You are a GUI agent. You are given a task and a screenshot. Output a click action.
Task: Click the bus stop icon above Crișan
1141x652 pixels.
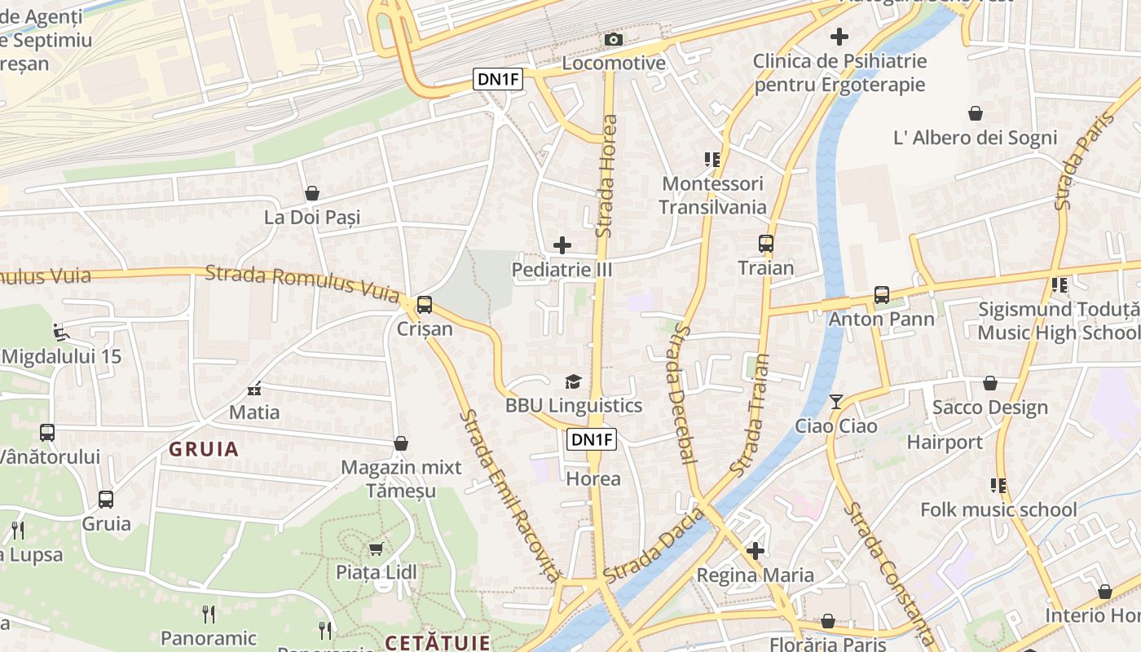[424, 305]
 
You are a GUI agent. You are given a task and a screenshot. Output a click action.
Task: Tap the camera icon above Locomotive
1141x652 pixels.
[614, 39]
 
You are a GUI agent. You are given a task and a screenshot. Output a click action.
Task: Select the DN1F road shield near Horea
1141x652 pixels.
[592, 440]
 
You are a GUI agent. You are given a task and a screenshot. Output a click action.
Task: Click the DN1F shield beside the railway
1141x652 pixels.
[498, 79]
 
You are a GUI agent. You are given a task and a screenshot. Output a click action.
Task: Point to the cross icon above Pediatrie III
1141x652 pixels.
[562, 244]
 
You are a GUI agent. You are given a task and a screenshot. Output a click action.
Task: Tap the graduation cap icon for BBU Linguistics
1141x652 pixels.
[573, 381]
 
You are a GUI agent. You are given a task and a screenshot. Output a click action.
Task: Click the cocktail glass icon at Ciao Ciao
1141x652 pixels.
[836, 401]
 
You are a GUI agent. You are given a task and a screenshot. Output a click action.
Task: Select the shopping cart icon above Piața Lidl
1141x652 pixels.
[376, 548]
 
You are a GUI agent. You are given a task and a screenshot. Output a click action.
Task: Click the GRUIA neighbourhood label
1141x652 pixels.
[204, 449]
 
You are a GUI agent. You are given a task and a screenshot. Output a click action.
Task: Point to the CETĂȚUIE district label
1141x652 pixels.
[438, 642]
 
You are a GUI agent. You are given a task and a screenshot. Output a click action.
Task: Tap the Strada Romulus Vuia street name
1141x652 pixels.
[302, 281]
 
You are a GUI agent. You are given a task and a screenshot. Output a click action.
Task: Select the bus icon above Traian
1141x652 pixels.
[765, 243]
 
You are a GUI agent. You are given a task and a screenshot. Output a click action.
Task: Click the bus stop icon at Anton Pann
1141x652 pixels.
[881, 294]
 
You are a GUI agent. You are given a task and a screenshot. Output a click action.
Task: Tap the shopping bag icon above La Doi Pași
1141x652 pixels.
[311, 193]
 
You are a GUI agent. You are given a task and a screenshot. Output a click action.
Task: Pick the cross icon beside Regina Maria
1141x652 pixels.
[756, 550]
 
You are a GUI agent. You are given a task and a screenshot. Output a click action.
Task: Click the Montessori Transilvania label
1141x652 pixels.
[712, 196]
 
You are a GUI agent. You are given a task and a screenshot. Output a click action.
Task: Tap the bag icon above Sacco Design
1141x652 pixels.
[989, 383]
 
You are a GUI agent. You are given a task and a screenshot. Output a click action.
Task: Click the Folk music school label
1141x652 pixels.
[998, 510]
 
